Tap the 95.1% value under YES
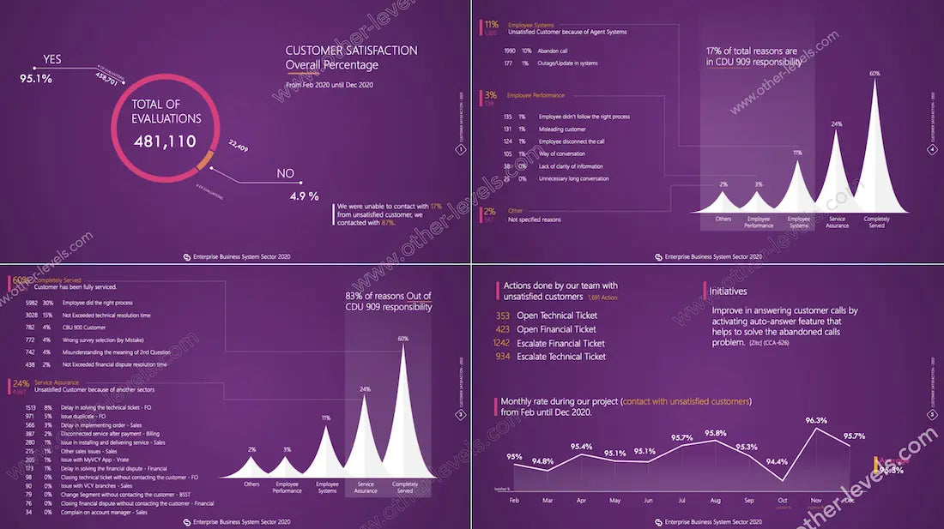[x=36, y=79]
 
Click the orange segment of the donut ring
[x=204, y=160]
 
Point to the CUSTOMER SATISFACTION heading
[x=351, y=51]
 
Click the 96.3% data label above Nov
[x=816, y=420]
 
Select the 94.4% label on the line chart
[x=777, y=461]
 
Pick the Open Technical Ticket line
[x=556, y=316]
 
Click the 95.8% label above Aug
[x=715, y=433]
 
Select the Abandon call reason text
[x=553, y=51]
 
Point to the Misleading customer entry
[x=562, y=129]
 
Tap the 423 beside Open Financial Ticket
[x=503, y=329]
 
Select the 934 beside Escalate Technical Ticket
[x=504, y=357]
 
